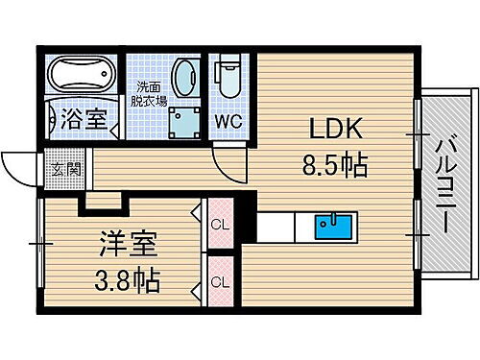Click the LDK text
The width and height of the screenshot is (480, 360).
(x=330, y=129)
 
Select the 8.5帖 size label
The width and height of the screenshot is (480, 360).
(x=332, y=166)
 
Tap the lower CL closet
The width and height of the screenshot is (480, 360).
(x=220, y=282)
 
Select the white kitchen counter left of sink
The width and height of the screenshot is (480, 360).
(x=282, y=228)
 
